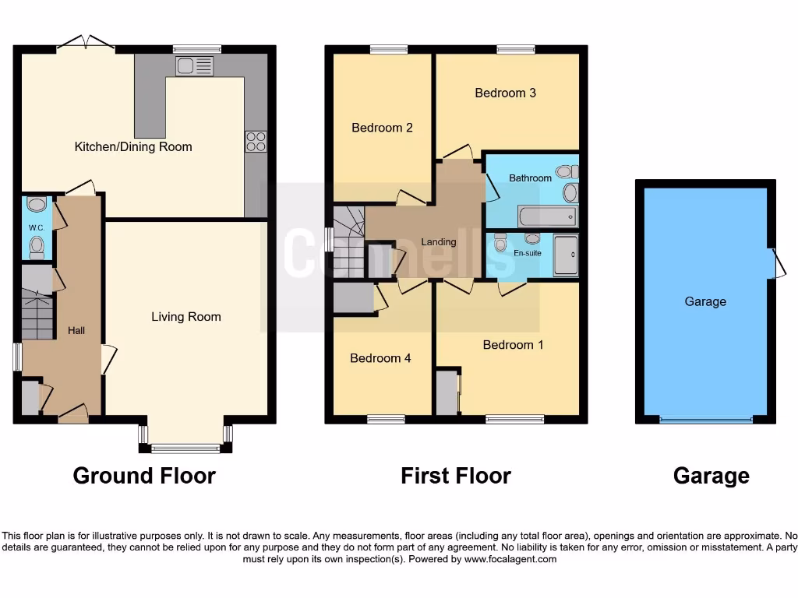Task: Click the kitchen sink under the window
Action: (194, 66)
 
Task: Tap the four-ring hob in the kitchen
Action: (256, 141)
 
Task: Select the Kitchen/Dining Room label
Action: (133, 146)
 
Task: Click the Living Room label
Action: (186, 316)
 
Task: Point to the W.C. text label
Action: (36, 228)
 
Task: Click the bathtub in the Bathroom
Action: (547, 216)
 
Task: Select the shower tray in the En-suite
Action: (566, 255)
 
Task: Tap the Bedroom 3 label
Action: (506, 93)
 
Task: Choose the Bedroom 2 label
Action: (382, 128)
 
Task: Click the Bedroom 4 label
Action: (380, 358)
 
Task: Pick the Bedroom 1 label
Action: (513, 344)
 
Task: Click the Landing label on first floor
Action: (439, 241)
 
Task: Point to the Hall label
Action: (76, 330)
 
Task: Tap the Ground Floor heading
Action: (144, 475)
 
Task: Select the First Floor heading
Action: (456, 475)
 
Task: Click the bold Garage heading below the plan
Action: (711, 475)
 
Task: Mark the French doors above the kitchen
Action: (86, 43)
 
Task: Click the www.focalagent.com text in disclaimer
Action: (510, 559)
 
